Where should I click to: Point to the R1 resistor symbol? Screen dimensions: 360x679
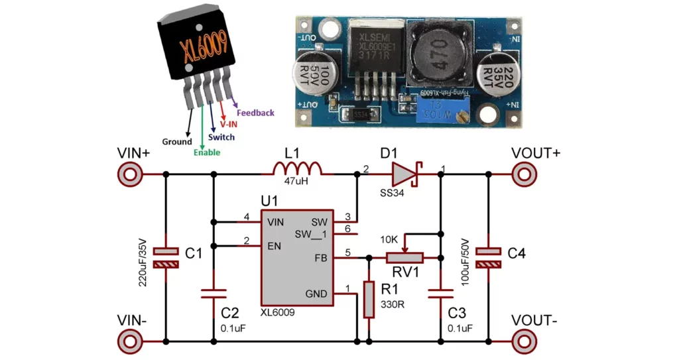tap(369, 299)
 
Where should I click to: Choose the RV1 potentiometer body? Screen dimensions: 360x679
tap(405, 257)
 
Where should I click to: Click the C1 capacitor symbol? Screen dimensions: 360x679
tap(166, 257)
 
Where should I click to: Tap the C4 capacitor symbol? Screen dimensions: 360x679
tap(489, 257)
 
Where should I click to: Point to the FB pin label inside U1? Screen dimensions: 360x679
tap(320, 257)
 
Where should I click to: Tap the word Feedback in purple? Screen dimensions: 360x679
tap(255, 113)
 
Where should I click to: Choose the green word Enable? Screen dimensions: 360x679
tap(207, 152)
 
